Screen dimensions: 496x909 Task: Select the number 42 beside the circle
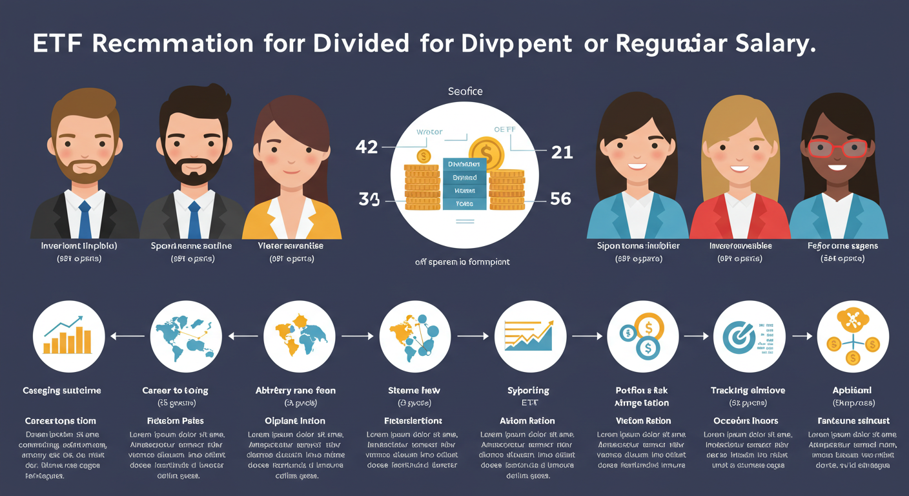367,147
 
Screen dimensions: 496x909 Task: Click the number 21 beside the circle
562,152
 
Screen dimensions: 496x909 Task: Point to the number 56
560,199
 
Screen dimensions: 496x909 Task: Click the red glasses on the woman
838,148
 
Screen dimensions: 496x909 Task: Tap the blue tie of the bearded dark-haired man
194,220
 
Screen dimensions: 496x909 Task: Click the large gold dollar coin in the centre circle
486,154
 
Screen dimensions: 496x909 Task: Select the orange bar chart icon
68,336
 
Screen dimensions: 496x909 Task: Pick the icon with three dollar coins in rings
642,336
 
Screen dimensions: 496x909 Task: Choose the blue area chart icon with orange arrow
529,336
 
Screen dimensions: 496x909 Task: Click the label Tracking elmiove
749,390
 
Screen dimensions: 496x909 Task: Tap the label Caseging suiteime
62,390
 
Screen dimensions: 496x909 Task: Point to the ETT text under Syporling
529,402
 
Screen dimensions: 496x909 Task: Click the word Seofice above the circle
465,92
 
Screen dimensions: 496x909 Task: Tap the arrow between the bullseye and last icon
801,336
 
